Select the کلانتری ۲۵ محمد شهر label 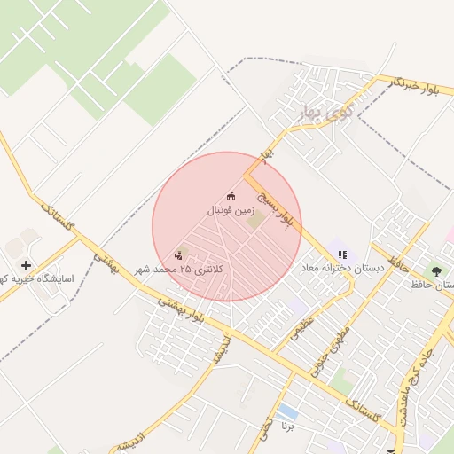click(x=180, y=269)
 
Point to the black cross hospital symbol click(x=26, y=264)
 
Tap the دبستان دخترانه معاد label click(x=342, y=268)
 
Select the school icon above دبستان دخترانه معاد click(x=342, y=254)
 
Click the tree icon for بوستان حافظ click(x=435, y=270)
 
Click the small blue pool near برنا click(x=286, y=412)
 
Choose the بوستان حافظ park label click(x=433, y=286)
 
